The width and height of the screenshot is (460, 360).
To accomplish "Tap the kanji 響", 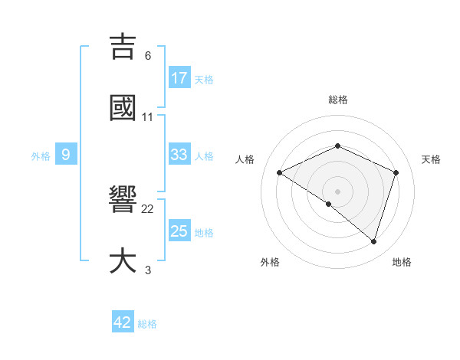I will [123, 201].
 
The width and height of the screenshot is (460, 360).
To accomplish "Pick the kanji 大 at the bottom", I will [123, 261].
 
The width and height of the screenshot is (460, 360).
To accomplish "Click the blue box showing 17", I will [179, 78].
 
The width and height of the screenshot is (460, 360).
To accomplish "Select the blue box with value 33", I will [179, 155].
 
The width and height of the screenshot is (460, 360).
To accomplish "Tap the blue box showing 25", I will [179, 231].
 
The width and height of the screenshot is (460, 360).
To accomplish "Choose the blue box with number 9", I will [66, 155].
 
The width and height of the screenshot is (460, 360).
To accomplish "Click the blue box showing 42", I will [123, 322].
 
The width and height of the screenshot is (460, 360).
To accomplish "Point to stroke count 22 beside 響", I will [148, 208].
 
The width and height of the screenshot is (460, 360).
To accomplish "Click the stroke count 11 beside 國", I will [148, 116].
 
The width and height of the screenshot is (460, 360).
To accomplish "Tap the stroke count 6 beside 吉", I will [148, 55].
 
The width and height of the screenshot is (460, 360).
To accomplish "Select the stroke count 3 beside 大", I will [148, 270].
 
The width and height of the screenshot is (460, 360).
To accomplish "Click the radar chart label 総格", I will [338, 100].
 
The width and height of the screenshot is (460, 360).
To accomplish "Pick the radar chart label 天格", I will [431, 159].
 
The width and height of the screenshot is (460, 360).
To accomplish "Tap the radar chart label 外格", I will [270, 262].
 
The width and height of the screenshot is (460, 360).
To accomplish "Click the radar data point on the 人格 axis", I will [280, 172].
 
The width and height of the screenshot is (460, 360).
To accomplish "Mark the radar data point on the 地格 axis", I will [374, 241].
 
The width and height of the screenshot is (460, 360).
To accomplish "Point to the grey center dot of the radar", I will [338, 191].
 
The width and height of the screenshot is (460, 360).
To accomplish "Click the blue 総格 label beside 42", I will [147, 324].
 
